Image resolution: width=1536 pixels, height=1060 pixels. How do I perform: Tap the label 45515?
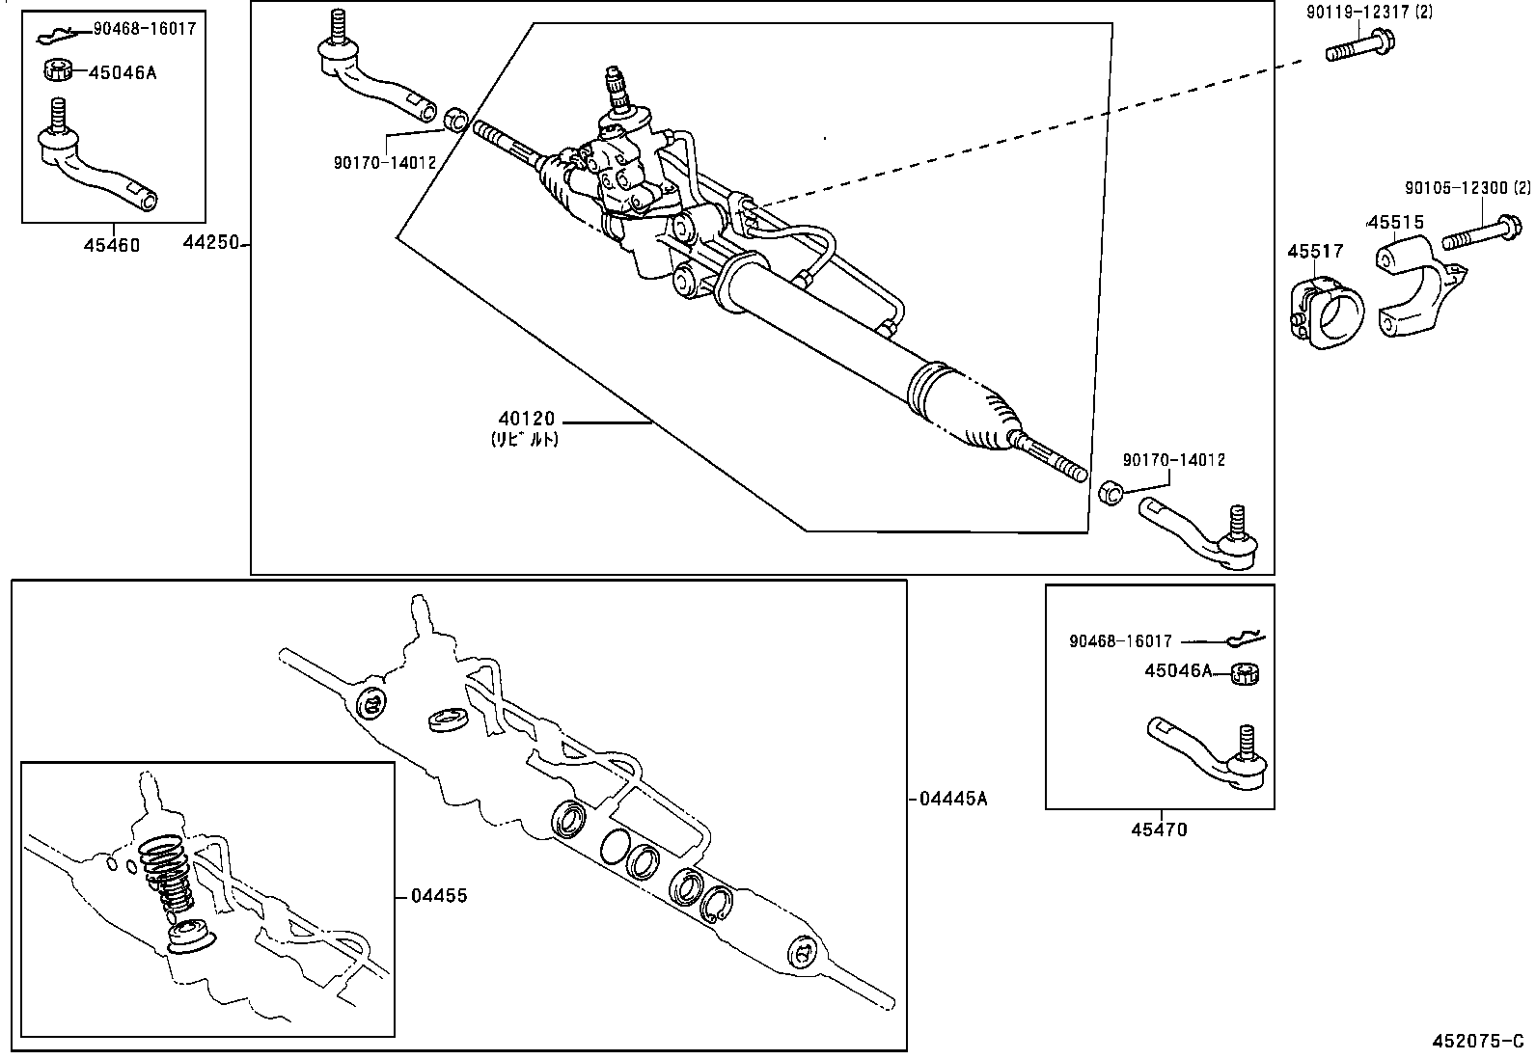[x=1396, y=223]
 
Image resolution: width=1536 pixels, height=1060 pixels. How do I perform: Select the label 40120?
[x=527, y=419]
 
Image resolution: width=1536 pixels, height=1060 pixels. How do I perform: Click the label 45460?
[x=111, y=245]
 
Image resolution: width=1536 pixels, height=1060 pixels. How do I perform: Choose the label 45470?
[x=1161, y=829]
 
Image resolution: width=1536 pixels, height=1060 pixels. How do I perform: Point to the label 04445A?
[x=953, y=798]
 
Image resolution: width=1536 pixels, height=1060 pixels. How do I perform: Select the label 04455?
[x=439, y=896]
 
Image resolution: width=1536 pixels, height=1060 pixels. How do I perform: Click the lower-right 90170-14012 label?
[x=1173, y=460]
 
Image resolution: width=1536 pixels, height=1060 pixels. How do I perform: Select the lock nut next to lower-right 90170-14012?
[x=1110, y=493]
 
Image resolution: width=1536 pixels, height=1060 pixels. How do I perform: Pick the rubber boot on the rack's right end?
[x=965, y=406]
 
